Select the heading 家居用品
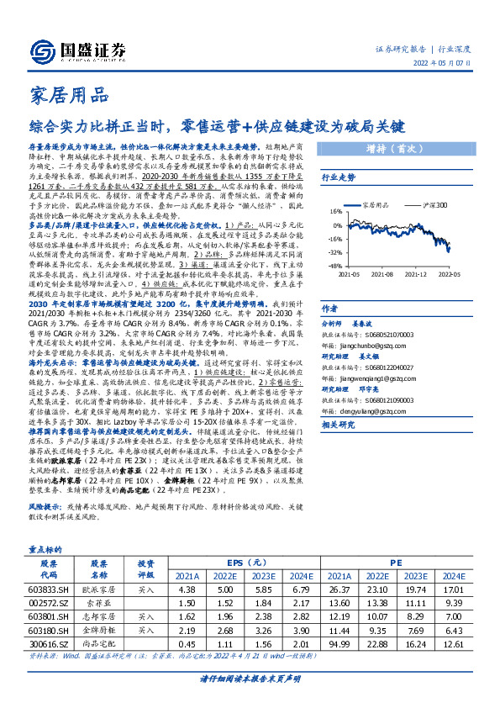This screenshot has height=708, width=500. point(68,95)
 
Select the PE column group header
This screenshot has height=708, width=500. point(394,563)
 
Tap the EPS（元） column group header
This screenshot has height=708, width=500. point(239,563)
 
